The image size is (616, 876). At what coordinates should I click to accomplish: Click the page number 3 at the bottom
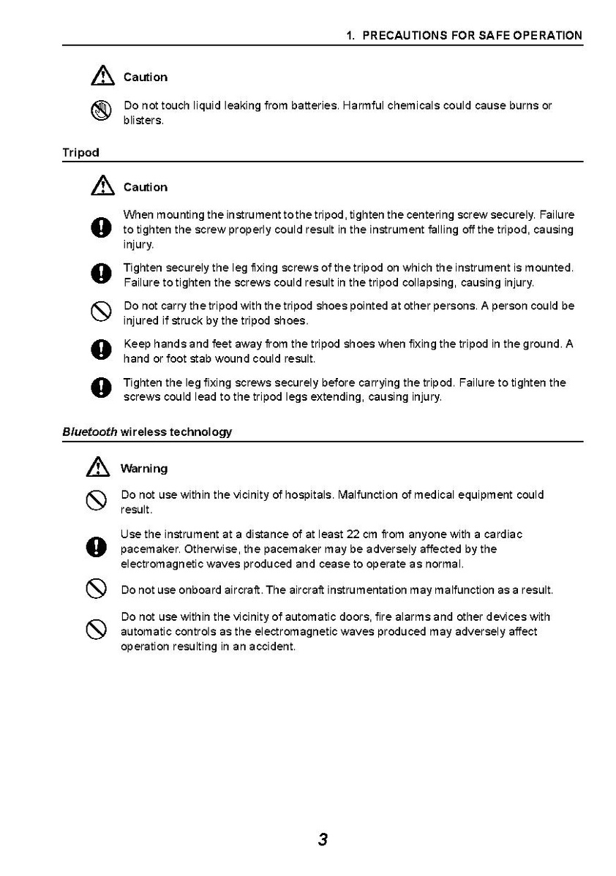pos(323,839)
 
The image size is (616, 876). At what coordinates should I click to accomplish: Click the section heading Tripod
pos(80,153)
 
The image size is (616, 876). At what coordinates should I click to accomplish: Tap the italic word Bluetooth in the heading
pos(89,432)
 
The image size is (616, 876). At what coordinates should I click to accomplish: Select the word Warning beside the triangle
pos(144,469)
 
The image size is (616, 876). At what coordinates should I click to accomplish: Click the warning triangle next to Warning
pos(97,467)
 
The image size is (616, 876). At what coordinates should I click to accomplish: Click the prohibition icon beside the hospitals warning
pos(97,502)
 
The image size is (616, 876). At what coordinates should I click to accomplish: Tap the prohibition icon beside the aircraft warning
pos(97,589)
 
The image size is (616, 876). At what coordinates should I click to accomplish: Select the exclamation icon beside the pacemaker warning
pos(97,548)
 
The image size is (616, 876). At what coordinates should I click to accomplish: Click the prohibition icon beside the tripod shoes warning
pos(99,313)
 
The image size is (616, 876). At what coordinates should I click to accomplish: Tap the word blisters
pos(143,121)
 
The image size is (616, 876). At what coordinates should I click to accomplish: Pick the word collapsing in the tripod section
pos(429,282)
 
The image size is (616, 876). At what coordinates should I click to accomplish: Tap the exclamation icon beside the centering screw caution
pos(99,230)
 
